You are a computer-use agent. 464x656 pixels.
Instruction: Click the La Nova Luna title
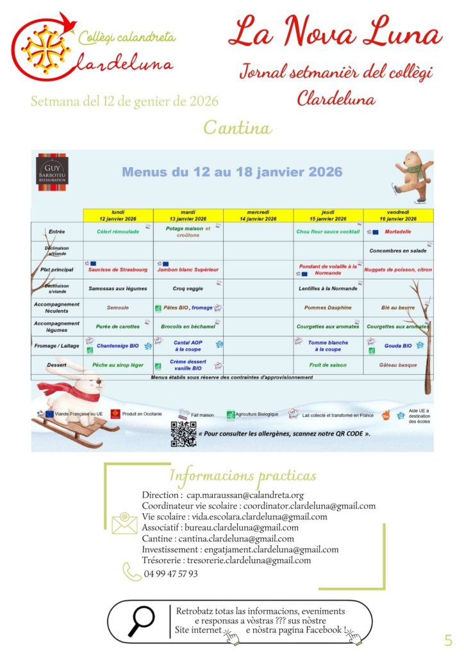click(x=335, y=33)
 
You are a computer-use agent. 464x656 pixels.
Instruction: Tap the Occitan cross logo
click(x=44, y=45)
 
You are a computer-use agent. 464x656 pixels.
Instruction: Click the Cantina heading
click(x=237, y=127)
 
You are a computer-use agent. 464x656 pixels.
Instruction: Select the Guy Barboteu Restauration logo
click(x=51, y=168)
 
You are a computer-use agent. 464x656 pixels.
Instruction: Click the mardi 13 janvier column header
click(x=188, y=215)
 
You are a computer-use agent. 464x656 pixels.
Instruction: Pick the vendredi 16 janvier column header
click(x=398, y=215)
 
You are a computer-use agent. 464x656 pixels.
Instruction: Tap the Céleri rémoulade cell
click(x=118, y=231)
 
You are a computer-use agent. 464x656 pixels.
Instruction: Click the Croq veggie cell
click(x=188, y=288)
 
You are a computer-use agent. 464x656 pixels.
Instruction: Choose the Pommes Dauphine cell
click(x=327, y=307)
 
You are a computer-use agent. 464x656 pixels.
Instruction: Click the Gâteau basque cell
click(x=398, y=365)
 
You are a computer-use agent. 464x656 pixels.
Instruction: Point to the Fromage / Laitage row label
click(x=56, y=346)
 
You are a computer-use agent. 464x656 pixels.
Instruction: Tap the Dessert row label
click(x=56, y=365)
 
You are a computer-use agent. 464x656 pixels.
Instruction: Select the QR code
click(x=183, y=434)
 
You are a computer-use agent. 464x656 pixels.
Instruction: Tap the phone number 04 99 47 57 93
click(x=170, y=573)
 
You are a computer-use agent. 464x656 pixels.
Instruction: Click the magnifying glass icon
click(x=142, y=621)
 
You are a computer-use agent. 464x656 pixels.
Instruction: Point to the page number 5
click(x=448, y=640)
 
